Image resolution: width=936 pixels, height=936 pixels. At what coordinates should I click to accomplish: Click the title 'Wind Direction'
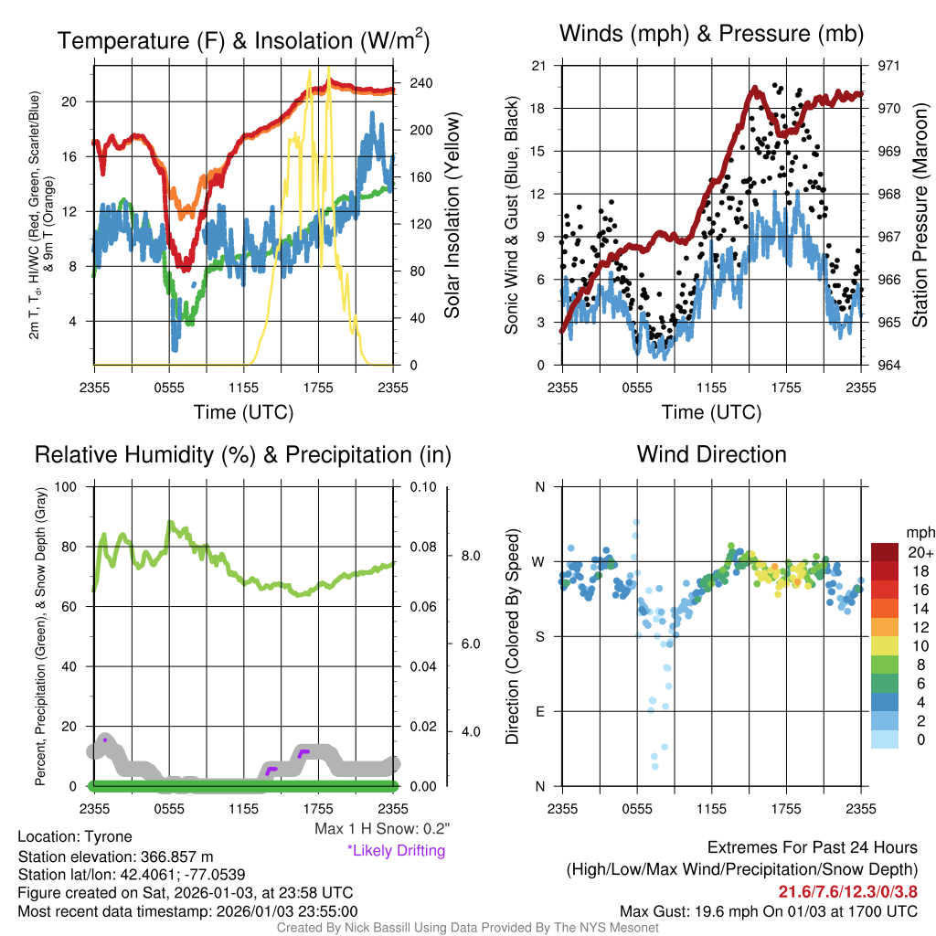click(x=711, y=454)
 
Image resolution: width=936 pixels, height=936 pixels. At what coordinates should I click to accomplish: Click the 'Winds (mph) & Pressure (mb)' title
click(x=711, y=35)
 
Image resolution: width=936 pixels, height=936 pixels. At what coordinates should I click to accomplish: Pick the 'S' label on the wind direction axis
click(x=540, y=636)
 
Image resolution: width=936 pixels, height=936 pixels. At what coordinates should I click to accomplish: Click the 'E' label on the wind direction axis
click(x=540, y=711)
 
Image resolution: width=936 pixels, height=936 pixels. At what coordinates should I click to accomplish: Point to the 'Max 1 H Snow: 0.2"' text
click(x=381, y=830)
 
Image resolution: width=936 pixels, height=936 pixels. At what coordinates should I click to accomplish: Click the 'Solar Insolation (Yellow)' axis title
click(x=452, y=216)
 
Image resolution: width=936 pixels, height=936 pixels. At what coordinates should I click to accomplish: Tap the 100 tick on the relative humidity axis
click(x=72, y=486)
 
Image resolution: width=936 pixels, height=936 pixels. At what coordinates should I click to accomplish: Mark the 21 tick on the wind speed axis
click(x=538, y=66)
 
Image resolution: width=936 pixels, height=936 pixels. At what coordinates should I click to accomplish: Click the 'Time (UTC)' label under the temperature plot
click(x=243, y=412)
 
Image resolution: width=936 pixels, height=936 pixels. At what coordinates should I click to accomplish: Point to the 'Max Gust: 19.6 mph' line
click(x=768, y=911)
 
